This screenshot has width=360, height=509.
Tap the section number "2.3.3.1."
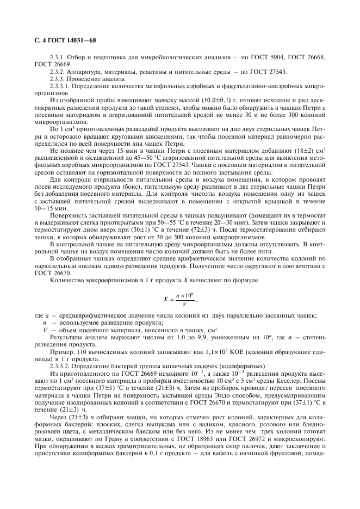(61, 85)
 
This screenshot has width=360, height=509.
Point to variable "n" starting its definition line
(44, 322)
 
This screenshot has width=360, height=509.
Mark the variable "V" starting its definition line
(45, 329)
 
